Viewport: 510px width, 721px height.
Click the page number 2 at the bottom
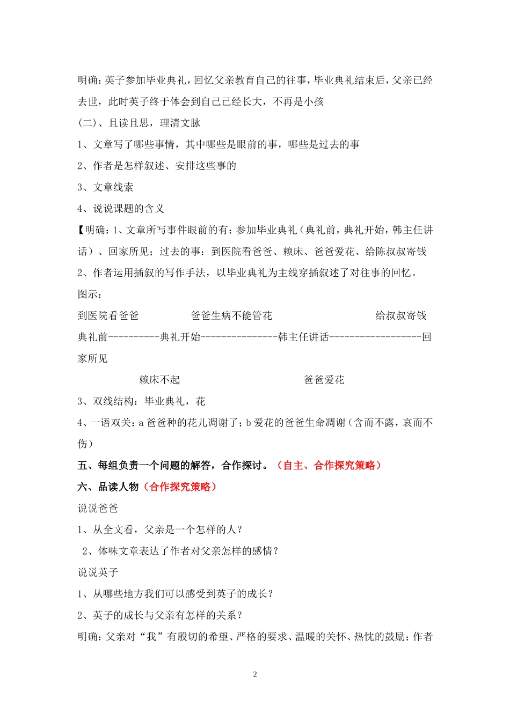pos(255,674)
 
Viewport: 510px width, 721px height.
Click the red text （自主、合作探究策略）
pos(329,466)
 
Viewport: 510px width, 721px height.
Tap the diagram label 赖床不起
pos(159,380)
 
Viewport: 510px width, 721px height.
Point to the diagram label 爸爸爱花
pos(324,380)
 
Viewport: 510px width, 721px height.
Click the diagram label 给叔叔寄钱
pos(400,315)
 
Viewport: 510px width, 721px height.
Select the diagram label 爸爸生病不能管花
pos(231,315)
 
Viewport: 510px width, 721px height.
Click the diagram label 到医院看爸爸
pos(108,315)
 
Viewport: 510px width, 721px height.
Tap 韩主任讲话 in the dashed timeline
pos(303,337)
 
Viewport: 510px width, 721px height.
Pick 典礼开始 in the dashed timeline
pos(180,337)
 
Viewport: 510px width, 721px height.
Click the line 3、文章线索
pos(105,187)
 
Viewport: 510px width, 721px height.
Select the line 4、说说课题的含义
pos(121,209)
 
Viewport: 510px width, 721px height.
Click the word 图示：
pos(90,294)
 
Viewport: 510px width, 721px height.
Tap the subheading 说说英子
pos(98,572)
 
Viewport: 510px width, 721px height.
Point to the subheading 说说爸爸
pos(98,508)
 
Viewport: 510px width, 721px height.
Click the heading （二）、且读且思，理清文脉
pos(139,123)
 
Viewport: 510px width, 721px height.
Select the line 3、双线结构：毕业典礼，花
pos(141,401)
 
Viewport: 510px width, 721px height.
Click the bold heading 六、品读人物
pos(108,487)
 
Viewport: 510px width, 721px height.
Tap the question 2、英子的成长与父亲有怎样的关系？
pos(160,615)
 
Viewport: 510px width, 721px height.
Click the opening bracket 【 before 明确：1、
pos(81,230)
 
